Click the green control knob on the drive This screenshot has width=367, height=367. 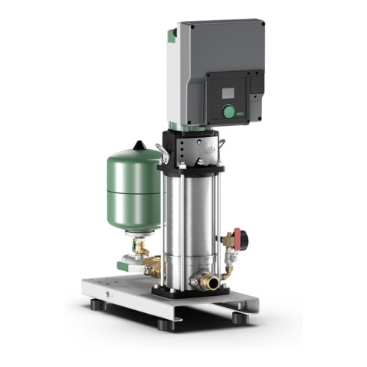click(x=228, y=112)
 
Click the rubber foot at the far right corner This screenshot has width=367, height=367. click(x=238, y=318)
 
